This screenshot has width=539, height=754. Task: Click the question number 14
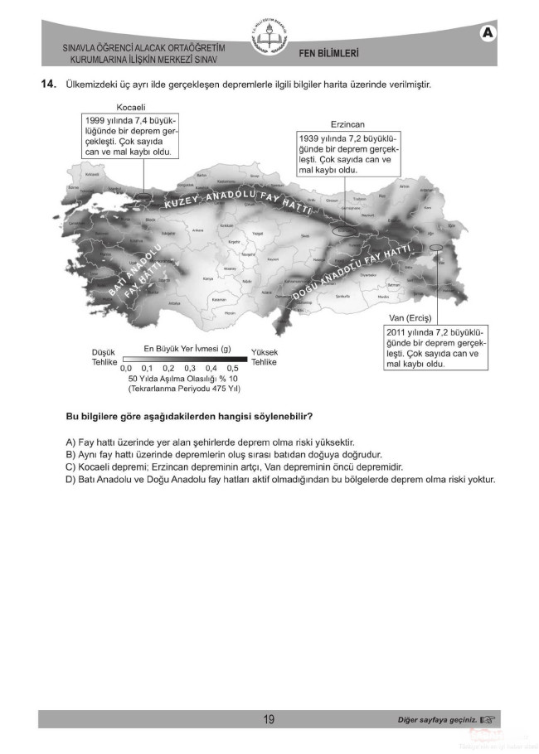47,84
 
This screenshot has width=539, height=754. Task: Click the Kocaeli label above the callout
132,108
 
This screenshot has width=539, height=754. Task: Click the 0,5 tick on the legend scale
232,367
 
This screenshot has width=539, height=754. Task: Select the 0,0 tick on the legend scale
126,367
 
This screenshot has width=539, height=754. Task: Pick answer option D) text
280,480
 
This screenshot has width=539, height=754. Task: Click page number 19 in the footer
269,719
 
